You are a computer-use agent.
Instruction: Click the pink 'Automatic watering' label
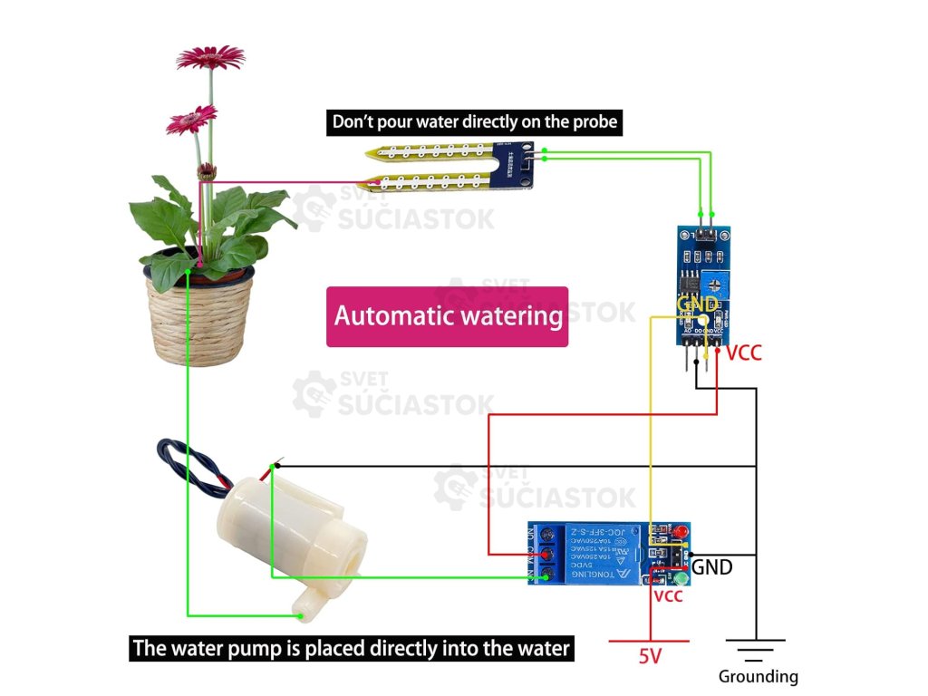(x=448, y=316)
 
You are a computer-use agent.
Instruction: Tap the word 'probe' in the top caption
(x=593, y=121)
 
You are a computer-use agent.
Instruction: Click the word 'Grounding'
(x=758, y=676)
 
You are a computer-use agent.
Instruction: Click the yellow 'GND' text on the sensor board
(x=697, y=304)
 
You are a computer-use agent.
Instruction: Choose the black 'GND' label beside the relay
(x=712, y=568)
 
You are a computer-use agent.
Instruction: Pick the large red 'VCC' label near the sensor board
(x=744, y=353)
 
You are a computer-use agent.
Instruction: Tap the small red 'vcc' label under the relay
(x=668, y=596)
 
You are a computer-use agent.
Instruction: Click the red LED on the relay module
(x=680, y=531)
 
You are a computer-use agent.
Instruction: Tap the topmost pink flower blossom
(x=210, y=58)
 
